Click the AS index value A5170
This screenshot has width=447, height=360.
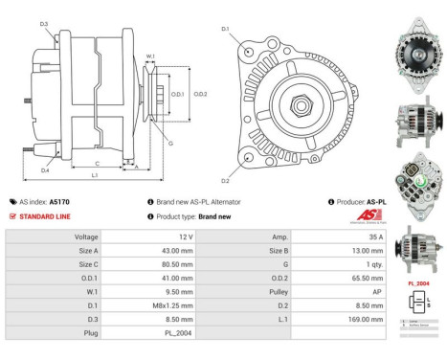click(x=59, y=202)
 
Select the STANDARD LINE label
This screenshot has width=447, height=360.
click(x=44, y=216)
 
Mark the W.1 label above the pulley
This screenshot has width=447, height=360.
click(x=150, y=56)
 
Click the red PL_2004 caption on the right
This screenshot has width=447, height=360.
click(x=417, y=284)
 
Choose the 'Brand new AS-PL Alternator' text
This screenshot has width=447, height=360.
click(x=198, y=202)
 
